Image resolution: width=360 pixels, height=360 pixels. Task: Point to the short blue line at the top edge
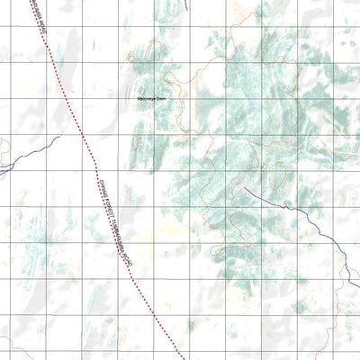(184, 4)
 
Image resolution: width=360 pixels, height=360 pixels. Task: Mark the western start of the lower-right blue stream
(245, 188)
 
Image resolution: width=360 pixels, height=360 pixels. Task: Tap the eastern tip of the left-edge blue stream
(59, 138)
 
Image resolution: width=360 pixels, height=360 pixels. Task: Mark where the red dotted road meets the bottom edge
(184, 358)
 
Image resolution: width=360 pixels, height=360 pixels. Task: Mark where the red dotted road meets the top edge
(36, 2)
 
